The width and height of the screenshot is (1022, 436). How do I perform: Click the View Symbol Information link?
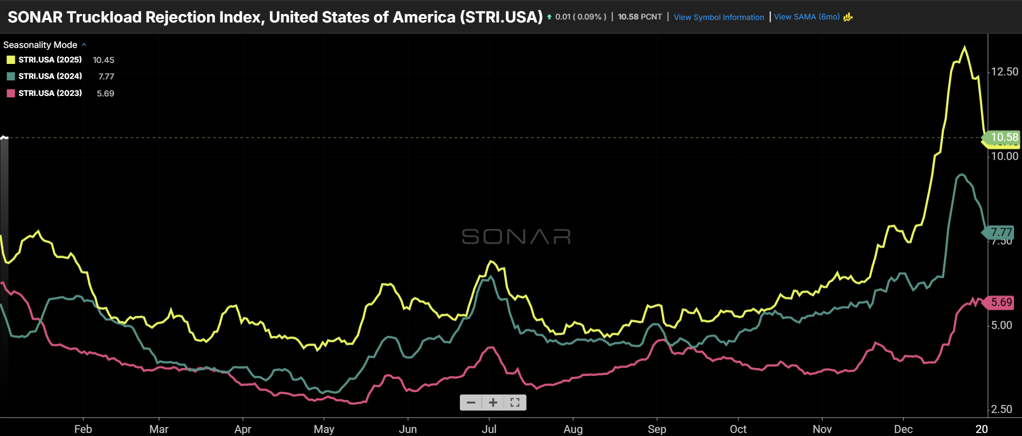[x=718, y=17]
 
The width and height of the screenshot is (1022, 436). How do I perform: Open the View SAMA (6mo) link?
[x=807, y=17]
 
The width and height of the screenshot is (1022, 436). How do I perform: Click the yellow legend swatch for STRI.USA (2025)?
[x=10, y=60]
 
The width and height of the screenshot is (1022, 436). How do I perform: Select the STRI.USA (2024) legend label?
[x=50, y=76]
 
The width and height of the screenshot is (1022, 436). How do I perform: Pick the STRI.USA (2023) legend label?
[x=50, y=93]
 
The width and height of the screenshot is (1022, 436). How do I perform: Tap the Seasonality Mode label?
[x=40, y=45]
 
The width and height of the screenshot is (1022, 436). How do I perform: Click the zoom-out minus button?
[x=471, y=403]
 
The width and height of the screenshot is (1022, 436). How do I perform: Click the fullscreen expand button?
[x=515, y=403]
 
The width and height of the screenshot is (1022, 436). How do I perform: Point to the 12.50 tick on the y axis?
[x=1005, y=72]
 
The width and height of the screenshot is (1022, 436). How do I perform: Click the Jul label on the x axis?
[x=489, y=429]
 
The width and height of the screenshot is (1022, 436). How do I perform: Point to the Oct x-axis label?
[x=738, y=429]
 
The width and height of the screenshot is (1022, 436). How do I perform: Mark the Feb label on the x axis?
[x=83, y=429]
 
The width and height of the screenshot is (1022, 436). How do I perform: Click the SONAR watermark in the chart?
[x=516, y=237]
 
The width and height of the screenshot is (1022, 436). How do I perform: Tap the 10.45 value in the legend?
[x=103, y=60]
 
